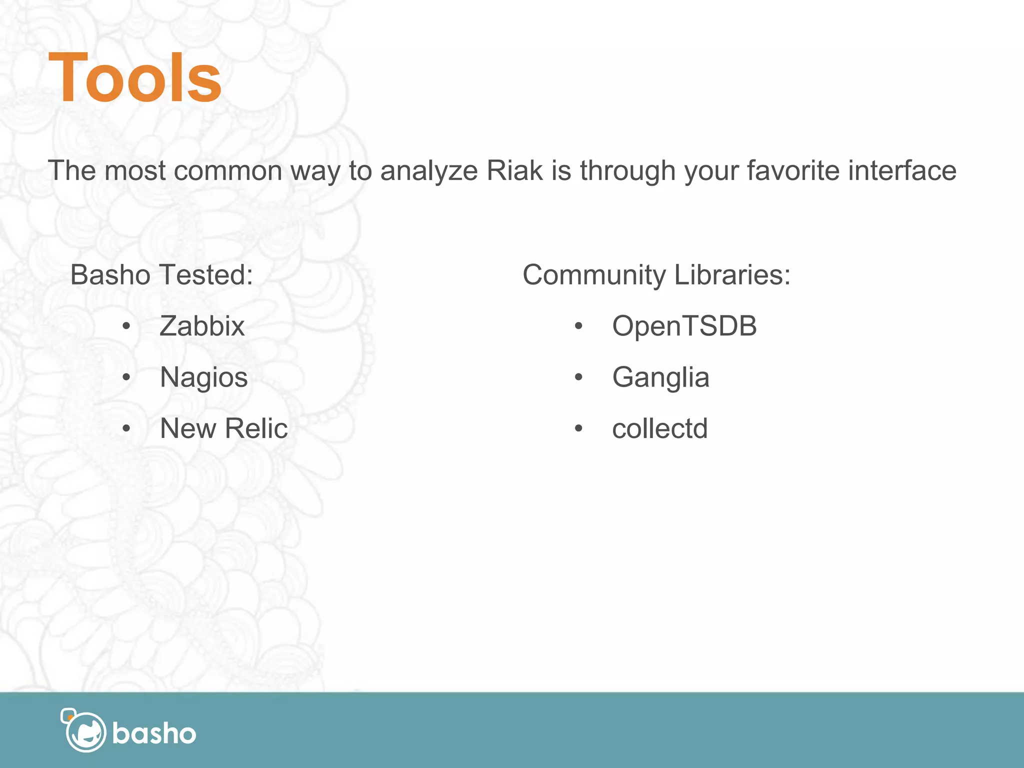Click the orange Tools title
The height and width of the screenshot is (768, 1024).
(135, 79)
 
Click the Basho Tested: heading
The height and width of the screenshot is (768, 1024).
(161, 275)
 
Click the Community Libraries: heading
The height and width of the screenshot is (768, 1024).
(656, 275)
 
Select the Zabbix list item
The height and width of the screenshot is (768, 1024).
(202, 326)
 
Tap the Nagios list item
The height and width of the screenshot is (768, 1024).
(203, 377)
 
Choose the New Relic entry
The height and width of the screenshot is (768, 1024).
(223, 428)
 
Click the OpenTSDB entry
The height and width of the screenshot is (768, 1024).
(684, 326)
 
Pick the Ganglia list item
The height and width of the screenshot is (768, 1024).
(660, 377)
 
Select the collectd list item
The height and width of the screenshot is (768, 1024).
(659, 429)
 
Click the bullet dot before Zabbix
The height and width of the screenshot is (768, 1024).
(126, 327)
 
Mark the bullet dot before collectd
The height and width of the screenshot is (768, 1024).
(578, 428)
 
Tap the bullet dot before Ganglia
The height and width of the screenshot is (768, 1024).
(578, 377)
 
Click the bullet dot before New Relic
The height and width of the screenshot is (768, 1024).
(126, 428)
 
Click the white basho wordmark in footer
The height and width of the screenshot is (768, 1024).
(154, 733)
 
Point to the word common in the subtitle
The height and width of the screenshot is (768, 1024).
(228, 170)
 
